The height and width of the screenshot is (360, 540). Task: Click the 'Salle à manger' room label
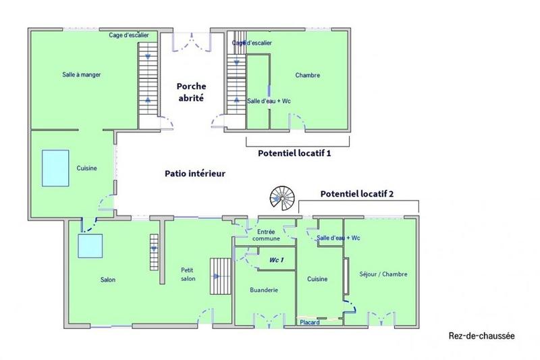pos(81,75)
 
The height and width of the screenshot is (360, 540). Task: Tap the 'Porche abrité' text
pos(191,92)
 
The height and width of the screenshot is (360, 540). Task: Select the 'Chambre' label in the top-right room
pos(307,76)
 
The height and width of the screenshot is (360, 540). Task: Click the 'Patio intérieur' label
pos(195,174)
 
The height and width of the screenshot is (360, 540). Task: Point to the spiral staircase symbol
pos(283,198)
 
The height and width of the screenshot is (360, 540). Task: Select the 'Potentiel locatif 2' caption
pos(357,193)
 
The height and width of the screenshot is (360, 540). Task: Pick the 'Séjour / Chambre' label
pos(384,274)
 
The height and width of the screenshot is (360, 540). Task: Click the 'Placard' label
pos(310,322)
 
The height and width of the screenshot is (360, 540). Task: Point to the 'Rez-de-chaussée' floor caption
pos(481,336)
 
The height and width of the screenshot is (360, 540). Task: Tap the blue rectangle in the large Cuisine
pos(56,168)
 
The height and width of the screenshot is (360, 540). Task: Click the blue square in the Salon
pos(89,245)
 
